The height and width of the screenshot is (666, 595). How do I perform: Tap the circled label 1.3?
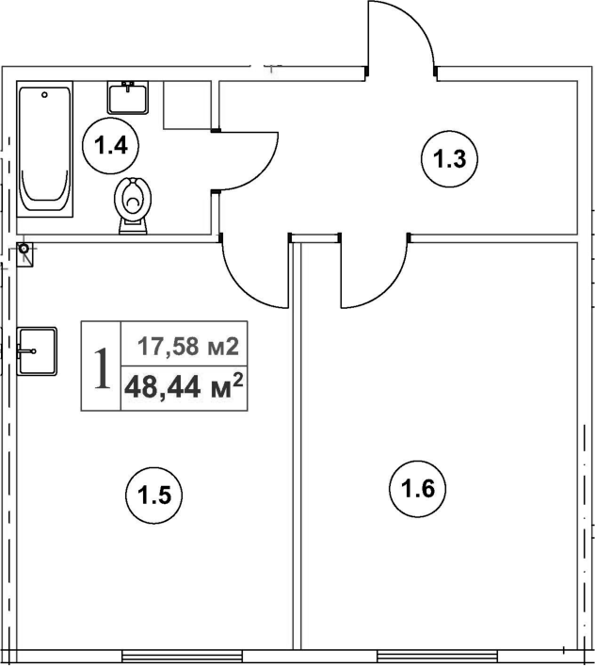450,158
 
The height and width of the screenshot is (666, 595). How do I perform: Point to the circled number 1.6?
416,488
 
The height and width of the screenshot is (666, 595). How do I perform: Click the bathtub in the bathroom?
46,148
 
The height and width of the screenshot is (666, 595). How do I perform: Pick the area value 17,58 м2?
184,346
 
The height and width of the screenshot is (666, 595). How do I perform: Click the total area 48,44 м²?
184,386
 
